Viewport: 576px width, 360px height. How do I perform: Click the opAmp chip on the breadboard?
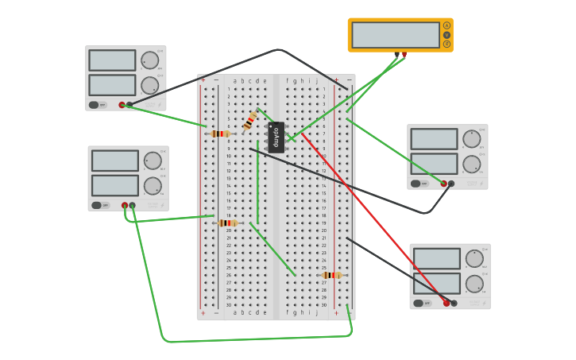(276, 137)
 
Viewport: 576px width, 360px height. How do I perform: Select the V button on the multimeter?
(446, 35)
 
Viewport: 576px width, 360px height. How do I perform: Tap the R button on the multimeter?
(446, 44)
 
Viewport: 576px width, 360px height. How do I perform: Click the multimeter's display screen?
(395, 35)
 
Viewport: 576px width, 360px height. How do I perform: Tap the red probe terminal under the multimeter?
(404, 55)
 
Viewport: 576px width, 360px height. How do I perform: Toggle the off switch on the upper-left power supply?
(94, 104)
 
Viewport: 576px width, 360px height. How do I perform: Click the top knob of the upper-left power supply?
(149, 60)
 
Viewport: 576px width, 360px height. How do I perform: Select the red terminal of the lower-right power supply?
(446, 303)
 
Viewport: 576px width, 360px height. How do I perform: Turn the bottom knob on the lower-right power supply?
(474, 284)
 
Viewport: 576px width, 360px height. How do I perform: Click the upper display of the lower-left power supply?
(114, 161)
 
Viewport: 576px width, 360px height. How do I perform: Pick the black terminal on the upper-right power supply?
(451, 184)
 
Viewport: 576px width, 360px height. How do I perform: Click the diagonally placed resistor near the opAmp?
(250, 120)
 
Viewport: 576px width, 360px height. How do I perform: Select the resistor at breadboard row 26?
(331, 275)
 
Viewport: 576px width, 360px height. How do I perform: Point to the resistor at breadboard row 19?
(227, 223)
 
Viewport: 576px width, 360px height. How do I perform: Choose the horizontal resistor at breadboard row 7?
(220, 134)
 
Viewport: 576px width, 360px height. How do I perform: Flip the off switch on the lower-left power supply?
(96, 205)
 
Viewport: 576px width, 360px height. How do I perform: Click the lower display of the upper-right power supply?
(434, 163)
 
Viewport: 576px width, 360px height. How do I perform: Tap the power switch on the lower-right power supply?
(418, 303)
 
